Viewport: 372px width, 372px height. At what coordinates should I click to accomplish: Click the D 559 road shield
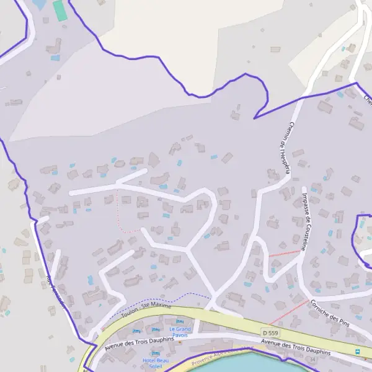pos(269,332)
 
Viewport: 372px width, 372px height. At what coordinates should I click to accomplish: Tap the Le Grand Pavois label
pos(180,332)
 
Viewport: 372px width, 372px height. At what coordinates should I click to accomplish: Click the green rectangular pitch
pos(60,11)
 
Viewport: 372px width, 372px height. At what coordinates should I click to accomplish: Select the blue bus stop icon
pos(358,352)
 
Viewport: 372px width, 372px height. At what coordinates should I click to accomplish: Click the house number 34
pos(312,359)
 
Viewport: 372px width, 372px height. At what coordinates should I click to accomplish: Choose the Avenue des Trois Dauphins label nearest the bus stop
pos(295,347)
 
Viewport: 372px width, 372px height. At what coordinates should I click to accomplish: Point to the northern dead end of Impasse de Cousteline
pos(304,188)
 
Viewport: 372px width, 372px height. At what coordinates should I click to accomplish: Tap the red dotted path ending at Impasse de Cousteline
pos(285,253)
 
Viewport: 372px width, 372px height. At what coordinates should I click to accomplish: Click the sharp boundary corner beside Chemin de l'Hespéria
pos(254,118)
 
